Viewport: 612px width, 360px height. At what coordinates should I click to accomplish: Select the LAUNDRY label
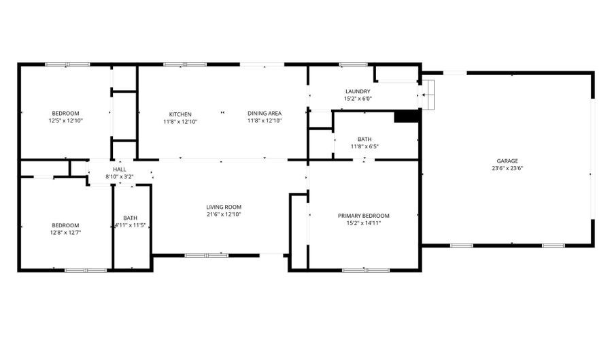click(x=358, y=91)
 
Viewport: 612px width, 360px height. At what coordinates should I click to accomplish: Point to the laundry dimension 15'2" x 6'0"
click(x=358, y=99)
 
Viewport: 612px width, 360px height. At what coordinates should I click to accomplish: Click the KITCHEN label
click(x=180, y=114)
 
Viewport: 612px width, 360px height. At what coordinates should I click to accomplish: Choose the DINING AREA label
click(x=265, y=114)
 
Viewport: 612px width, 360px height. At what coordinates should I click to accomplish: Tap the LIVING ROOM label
click(x=224, y=207)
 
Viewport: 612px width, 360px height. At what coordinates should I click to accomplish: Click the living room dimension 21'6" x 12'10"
click(x=224, y=214)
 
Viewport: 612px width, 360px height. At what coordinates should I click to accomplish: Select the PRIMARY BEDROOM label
click(x=364, y=216)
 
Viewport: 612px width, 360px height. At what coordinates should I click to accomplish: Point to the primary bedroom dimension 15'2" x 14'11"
click(x=364, y=223)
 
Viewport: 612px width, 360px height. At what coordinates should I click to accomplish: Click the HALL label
click(x=120, y=169)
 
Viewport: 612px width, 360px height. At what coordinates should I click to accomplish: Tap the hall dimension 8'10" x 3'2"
click(x=120, y=177)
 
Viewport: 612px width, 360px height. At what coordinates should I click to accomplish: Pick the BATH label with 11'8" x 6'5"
click(x=364, y=139)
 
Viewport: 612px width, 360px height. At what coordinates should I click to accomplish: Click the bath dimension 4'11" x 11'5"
click(x=130, y=225)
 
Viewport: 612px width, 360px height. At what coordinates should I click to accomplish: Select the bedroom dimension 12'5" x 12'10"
click(x=65, y=120)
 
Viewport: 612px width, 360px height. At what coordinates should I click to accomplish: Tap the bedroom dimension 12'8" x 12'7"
click(x=65, y=233)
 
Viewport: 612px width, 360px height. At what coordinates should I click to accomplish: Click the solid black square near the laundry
click(x=407, y=116)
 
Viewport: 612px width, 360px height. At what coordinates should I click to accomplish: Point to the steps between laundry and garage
click(x=426, y=94)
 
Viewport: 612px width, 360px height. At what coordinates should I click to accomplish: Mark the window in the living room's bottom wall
click(x=207, y=255)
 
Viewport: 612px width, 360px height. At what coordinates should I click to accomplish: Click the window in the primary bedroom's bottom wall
click(x=365, y=270)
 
